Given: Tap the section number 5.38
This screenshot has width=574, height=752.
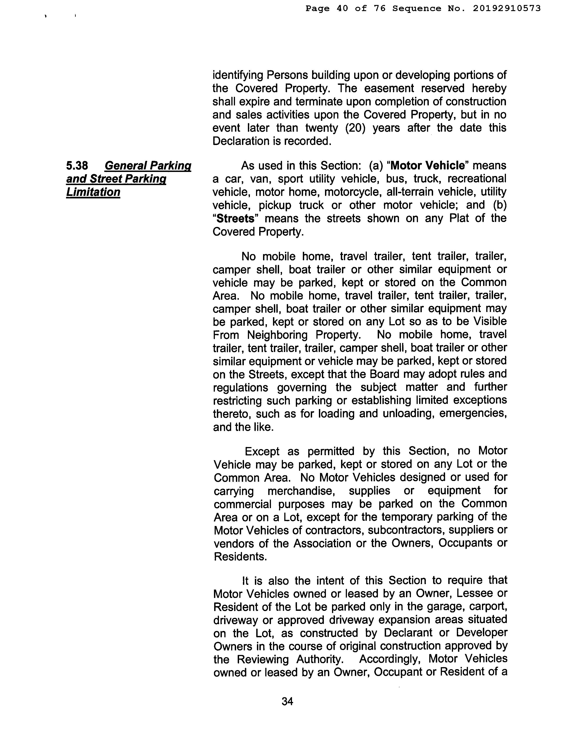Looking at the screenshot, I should (77, 166).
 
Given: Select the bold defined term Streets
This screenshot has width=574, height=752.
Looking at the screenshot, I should (236, 218).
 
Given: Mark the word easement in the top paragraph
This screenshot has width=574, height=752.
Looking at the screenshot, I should (389, 88).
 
